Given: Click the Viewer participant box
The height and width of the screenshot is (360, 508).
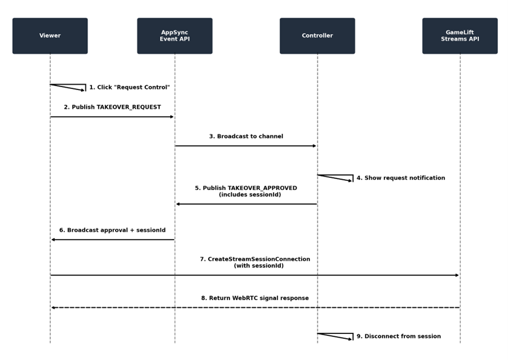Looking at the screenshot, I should click(50, 36).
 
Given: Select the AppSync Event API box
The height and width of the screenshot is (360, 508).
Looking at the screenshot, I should click(174, 36).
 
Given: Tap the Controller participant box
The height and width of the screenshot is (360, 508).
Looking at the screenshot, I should click(317, 36).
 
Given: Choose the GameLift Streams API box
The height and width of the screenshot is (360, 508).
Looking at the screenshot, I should click(460, 36).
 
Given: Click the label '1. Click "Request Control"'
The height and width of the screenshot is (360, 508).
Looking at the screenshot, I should click(130, 88).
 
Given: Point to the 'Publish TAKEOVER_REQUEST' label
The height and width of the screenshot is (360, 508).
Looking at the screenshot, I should click(113, 107).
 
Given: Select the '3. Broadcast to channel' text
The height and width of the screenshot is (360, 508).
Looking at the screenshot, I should click(246, 137).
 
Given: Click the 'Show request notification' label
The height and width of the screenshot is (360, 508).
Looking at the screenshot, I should click(401, 178).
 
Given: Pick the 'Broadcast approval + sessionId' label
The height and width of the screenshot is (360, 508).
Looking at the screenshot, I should click(113, 231).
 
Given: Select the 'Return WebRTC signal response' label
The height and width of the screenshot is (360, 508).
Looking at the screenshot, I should click(255, 298).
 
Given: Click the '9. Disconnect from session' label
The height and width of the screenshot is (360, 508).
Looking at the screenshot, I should click(398, 336).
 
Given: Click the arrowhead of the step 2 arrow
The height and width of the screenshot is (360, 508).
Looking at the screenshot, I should click(172, 117).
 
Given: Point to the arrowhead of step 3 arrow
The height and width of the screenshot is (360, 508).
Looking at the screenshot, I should click(314, 146).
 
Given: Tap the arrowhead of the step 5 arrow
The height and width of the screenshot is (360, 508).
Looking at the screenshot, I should click(178, 204).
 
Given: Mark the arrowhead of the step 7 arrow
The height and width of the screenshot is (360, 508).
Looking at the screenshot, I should click(457, 275).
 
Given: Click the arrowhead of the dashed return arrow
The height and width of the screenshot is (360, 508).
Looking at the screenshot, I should click(53, 307).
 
